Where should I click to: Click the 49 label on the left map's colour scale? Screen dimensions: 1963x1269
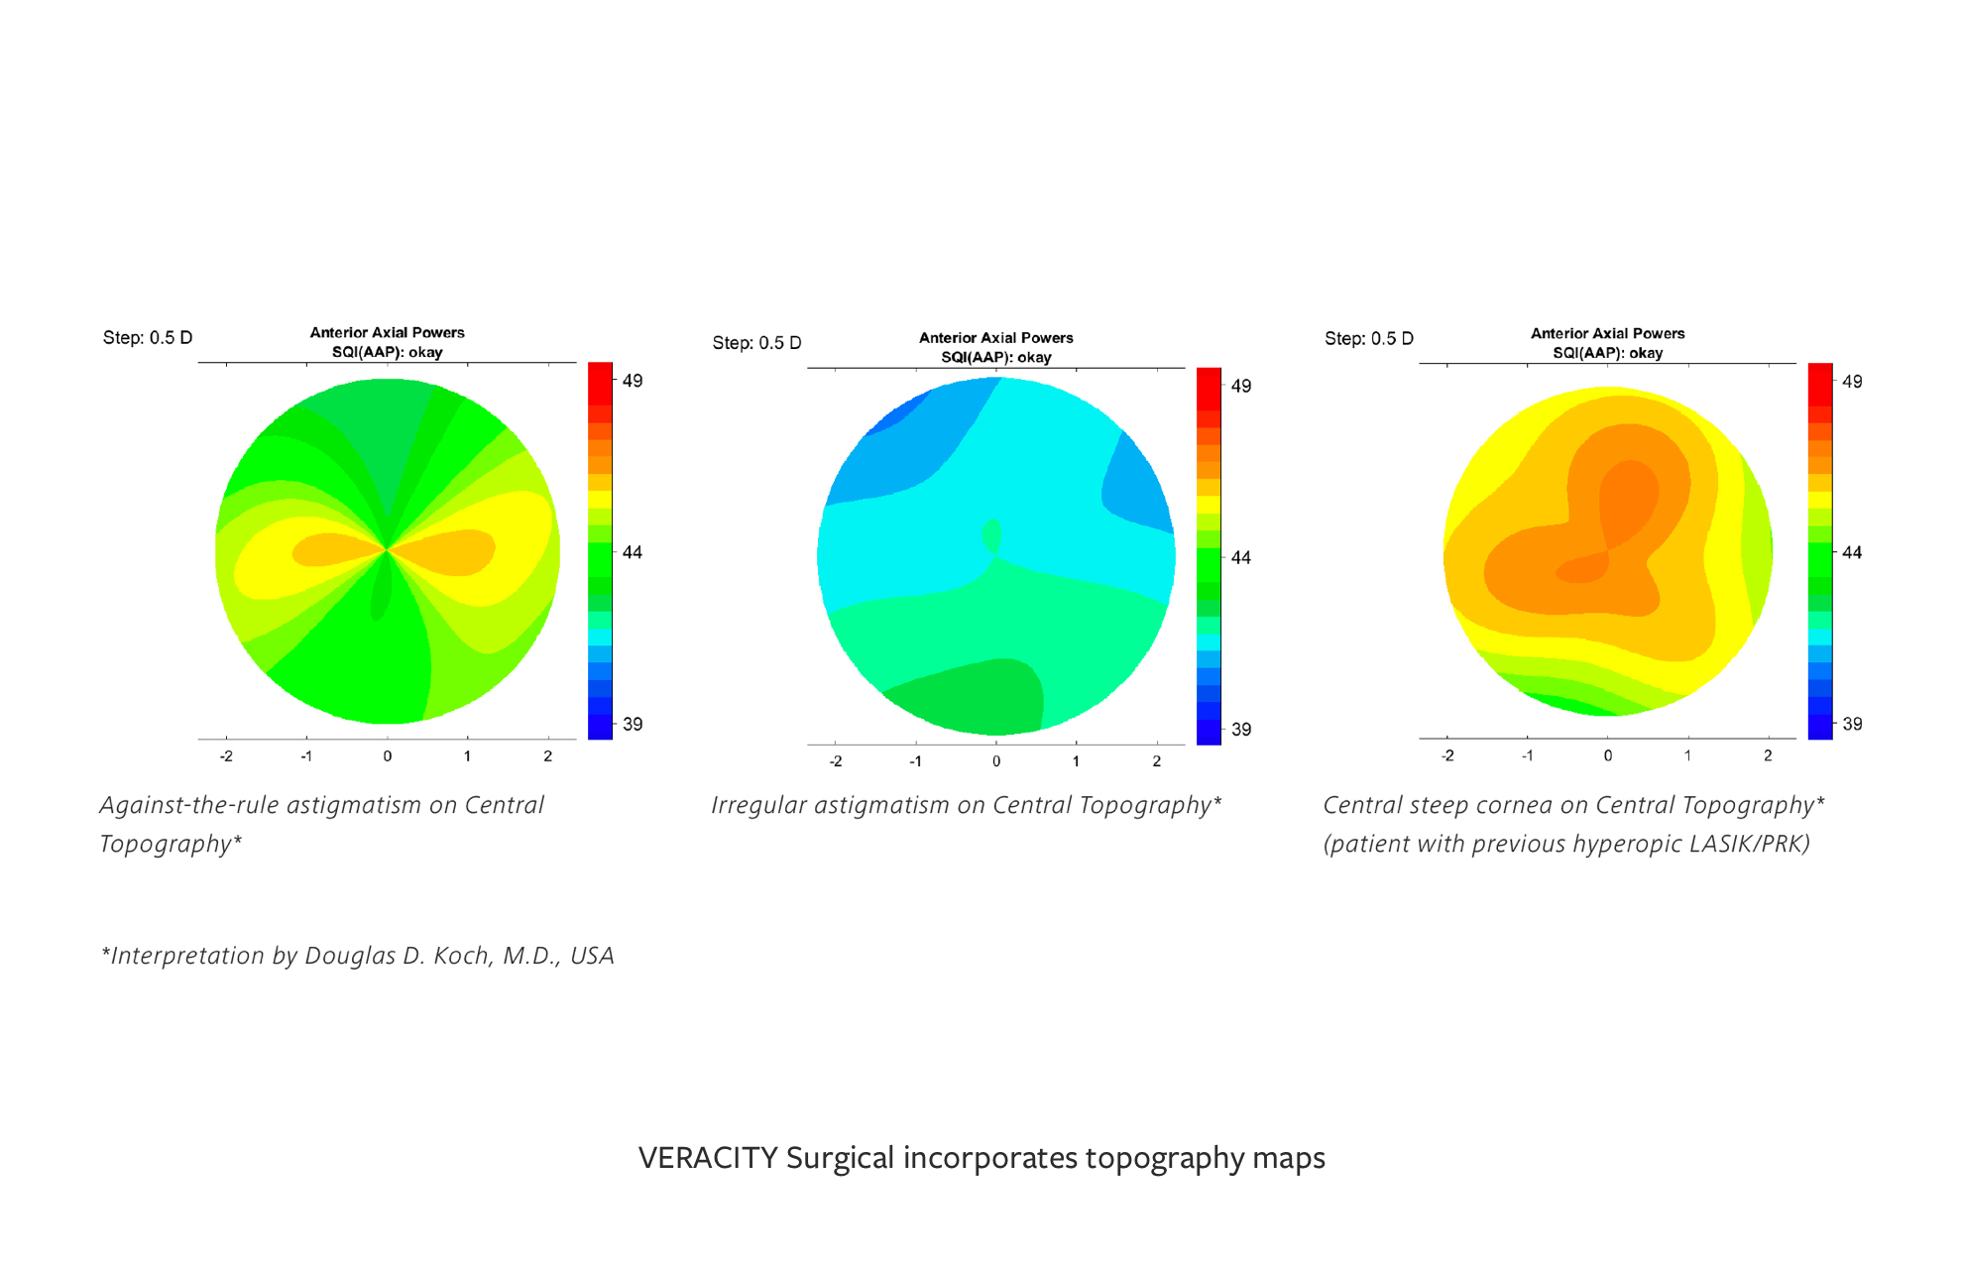(633, 381)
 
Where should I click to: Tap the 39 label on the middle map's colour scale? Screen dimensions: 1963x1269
(1241, 730)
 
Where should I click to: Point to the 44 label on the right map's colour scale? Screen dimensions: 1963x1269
(1852, 552)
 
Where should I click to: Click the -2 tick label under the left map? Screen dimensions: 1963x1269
(226, 756)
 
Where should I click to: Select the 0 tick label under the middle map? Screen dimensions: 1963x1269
(996, 761)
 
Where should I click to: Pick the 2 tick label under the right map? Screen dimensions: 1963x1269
(1768, 755)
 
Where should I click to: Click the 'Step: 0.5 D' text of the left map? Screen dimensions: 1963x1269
(148, 338)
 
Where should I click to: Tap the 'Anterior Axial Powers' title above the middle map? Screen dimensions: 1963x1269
(996, 338)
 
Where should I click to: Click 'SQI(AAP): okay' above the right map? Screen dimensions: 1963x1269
(1608, 353)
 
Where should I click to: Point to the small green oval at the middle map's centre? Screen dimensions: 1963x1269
(991, 535)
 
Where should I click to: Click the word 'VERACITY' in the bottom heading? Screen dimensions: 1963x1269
(708, 1158)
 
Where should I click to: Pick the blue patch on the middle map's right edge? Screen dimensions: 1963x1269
(1140, 486)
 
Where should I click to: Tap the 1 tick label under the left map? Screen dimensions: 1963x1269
(467, 756)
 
